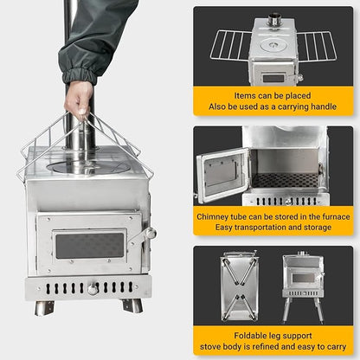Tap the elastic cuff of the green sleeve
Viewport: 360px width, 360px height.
click(x=80, y=75)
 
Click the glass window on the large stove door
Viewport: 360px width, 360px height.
click(x=89, y=246)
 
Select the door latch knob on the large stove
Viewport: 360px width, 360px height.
click(x=151, y=233)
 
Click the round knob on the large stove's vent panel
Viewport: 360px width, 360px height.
click(x=93, y=289)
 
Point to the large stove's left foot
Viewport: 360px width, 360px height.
click(x=44, y=308)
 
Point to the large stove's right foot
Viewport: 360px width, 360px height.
click(x=132, y=305)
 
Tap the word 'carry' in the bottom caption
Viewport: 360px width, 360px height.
click(x=336, y=347)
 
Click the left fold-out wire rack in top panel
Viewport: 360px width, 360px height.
click(x=231, y=45)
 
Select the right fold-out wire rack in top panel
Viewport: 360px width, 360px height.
click(x=317, y=46)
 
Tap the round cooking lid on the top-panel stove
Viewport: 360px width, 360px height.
click(x=273, y=45)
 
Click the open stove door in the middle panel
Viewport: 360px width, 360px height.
click(x=222, y=175)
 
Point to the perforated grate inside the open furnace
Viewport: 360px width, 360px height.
click(x=285, y=180)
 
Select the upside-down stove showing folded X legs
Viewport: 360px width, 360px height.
click(x=239, y=286)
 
